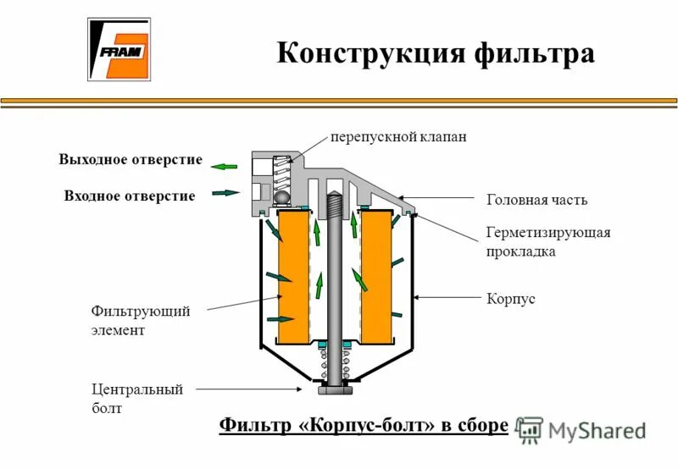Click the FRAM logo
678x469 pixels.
pyautogui.click(x=119, y=50)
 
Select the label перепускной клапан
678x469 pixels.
pyautogui.click(x=398, y=136)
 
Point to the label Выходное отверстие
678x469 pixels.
pyautogui.click(x=131, y=160)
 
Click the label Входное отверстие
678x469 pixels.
pyautogui.click(x=130, y=196)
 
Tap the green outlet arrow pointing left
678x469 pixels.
pyautogui.click(x=225, y=167)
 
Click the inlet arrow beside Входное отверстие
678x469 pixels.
pyautogui.click(x=225, y=193)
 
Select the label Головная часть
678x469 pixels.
pyautogui.click(x=536, y=200)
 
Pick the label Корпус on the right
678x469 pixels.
pyautogui.click(x=511, y=299)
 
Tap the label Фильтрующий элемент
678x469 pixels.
pyautogui.click(x=141, y=321)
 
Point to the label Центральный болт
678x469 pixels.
pyautogui.click(x=136, y=399)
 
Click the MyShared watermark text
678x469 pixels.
pyautogui.click(x=597, y=430)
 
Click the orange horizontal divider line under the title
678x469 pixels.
pyautogui.click(x=339, y=102)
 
